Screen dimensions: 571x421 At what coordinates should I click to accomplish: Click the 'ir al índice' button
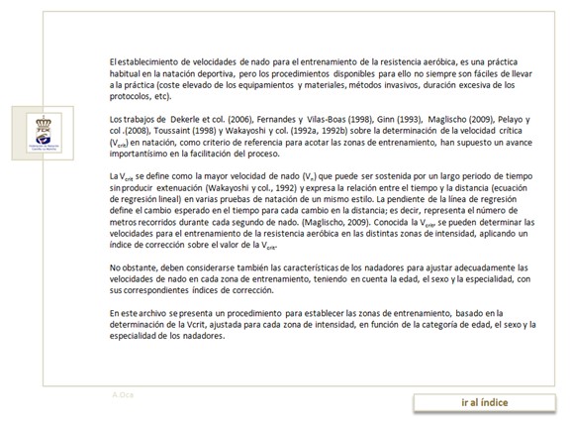485,401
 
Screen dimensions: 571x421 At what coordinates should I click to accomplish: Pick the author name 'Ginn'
401,120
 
